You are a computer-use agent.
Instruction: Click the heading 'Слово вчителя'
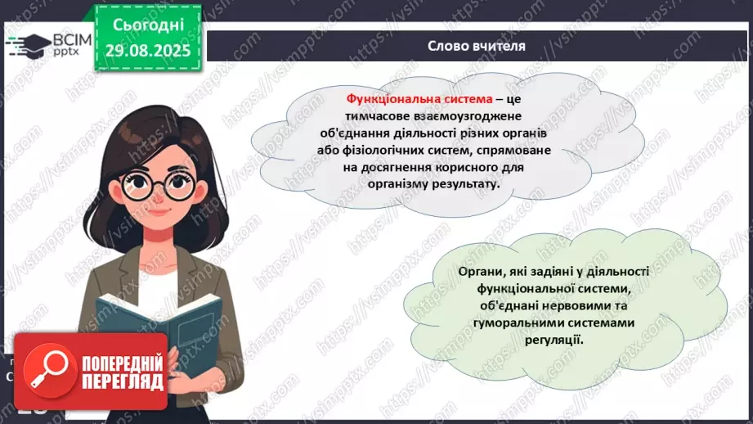click(477, 45)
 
